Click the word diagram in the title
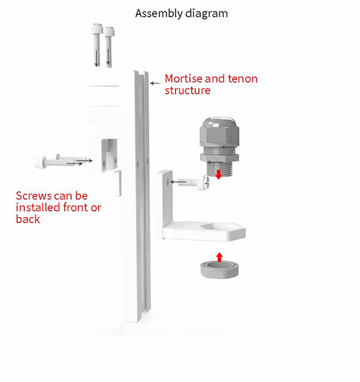click(205, 13)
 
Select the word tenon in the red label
click(242, 78)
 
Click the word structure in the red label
click(188, 90)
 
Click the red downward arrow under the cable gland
click(217, 175)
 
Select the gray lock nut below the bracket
click(217, 271)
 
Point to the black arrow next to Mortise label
click(155, 82)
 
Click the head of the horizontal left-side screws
click(38, 162)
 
